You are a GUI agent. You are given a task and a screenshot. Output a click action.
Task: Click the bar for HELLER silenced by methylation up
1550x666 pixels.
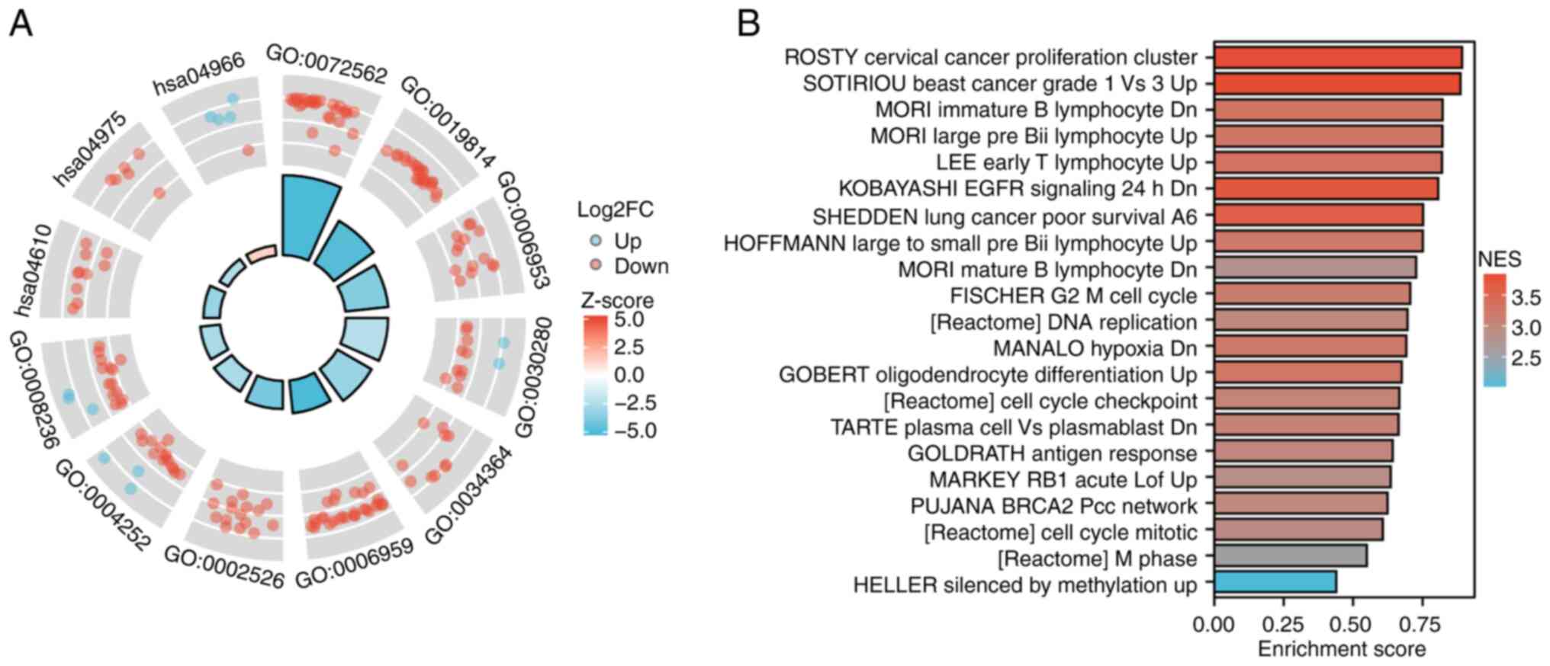(x=1275, y=582)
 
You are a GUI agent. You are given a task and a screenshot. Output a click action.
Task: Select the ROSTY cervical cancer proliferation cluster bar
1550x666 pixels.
(x=1338, y=58)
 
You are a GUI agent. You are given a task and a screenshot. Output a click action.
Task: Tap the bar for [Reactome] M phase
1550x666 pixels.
(x=1290, y=556)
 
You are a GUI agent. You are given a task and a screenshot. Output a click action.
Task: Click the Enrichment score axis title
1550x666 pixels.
(x=1342, y=649)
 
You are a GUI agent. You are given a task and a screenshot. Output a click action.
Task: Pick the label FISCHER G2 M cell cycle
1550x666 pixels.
(x=1073, y=296)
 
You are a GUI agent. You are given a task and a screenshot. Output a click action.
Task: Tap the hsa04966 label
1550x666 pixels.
(x=199, y=75)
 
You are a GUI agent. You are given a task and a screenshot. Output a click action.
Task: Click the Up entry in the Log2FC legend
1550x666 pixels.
(x=627, y=241)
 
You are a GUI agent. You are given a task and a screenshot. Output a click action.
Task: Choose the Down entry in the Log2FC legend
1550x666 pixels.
(x=641, y=267)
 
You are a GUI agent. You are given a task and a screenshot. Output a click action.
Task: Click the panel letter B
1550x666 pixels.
(x=748, y=24)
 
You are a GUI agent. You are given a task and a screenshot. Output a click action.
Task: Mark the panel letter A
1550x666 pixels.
(x=21, y=24)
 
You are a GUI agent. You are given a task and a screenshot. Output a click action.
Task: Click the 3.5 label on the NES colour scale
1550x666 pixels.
(x=1526, y=297)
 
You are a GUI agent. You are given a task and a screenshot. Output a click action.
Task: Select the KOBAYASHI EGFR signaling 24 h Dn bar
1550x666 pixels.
(x=1326, y=189)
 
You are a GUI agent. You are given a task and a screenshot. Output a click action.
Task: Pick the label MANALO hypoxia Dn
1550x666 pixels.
(x=1095, y=348)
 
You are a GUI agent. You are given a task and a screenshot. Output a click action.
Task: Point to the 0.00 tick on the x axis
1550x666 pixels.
(x=1214, y=625)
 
